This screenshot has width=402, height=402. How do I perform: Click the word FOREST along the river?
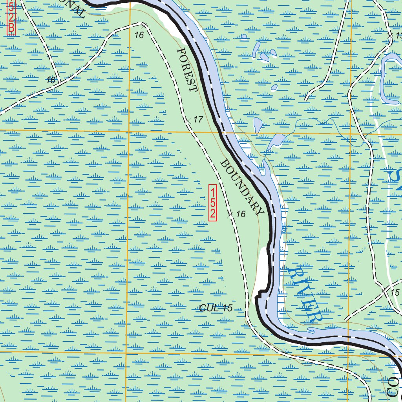187,70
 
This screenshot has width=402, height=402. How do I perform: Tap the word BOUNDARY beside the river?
242,187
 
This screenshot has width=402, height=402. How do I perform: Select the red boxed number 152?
212,203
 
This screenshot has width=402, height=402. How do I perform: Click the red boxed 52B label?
11,18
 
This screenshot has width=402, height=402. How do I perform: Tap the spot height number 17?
199,119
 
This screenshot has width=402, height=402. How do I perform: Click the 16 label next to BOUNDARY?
241,214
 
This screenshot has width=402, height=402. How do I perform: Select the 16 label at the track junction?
139,35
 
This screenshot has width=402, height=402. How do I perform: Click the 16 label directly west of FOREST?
50,80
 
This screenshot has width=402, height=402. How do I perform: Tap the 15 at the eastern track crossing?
395,292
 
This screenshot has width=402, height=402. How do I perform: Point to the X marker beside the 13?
390,36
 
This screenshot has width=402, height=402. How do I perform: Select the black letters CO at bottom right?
394,387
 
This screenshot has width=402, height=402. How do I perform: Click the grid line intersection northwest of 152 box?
129,130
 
